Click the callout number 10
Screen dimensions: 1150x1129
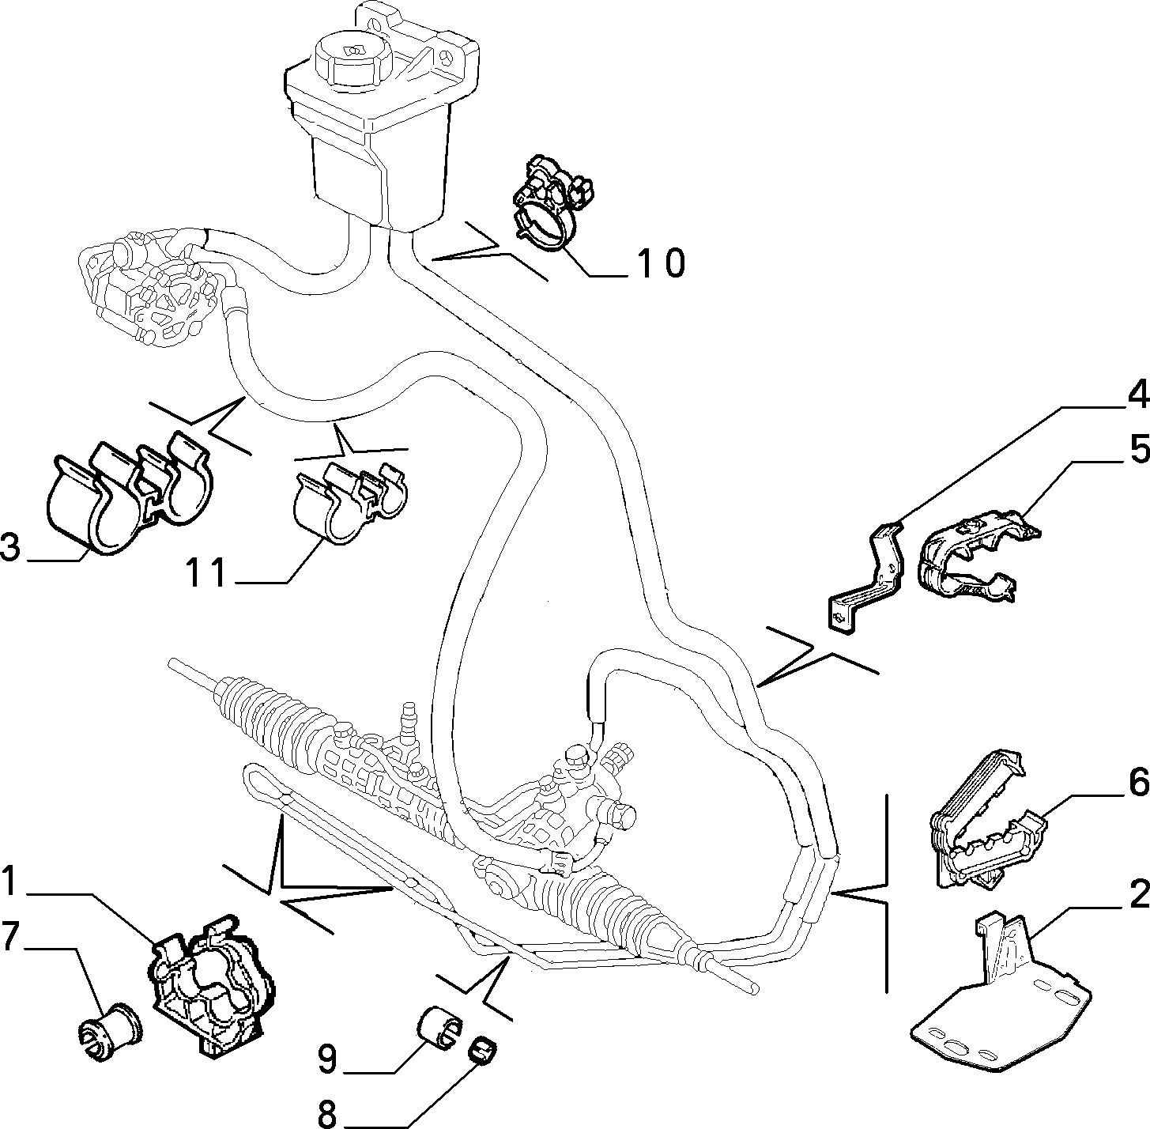coord(661,262)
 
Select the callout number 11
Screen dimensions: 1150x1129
coord(205,573)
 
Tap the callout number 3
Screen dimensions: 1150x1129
coord(11,547)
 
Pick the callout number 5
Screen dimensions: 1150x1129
coord(1138,449)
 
